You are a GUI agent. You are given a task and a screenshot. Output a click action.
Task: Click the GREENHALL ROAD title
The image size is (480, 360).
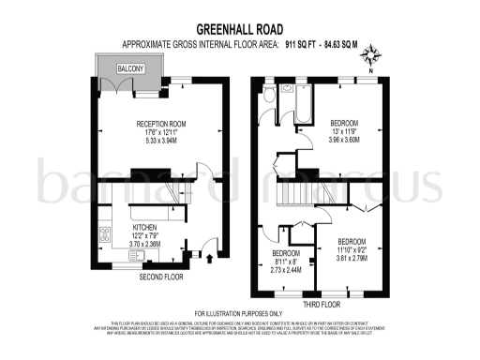tap(240, 30)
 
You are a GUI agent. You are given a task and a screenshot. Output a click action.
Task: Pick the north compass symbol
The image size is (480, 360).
tap(372, 55)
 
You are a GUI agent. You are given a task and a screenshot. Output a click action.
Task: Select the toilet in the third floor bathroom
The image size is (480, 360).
tap(269, 97)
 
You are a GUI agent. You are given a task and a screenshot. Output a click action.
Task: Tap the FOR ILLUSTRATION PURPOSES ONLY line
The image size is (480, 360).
tap(240, 313)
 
